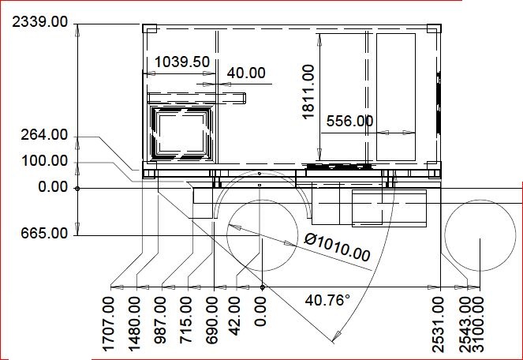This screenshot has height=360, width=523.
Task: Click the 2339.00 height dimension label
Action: [x=39, y=22]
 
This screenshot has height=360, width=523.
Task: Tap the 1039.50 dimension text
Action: [x=182, y=62]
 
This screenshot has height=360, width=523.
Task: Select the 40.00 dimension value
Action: [x=246, y=73]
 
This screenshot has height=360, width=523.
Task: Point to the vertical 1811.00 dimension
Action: [x=308, y=92]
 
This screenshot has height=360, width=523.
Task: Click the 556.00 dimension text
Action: [x=349, y=121]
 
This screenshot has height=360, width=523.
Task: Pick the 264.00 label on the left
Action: [x=44, y=135]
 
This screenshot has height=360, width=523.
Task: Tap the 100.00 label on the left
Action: [x=45, y=161]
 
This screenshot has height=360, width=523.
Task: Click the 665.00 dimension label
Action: [x=44, y=233]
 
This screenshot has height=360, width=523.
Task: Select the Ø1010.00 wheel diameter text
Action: [x=337, y=247]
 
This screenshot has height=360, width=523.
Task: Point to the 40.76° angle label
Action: [x=327, y=300]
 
